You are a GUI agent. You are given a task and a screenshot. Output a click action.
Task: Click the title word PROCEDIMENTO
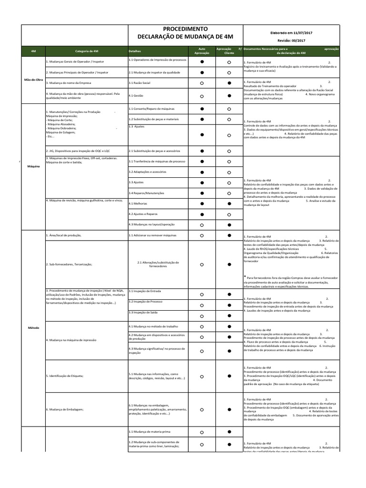(x=185, y=29)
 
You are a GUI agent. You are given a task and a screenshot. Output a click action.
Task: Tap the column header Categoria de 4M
(x=87, y=51)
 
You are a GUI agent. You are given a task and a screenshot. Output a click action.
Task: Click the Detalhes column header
(x=135, y=51)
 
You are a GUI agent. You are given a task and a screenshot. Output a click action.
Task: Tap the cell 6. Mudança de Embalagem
(x=65, y=409)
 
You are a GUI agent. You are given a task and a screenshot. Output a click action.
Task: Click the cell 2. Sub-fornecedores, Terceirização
(x=70, y=264)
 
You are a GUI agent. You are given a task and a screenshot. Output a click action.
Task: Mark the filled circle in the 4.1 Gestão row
(x=229, y=96)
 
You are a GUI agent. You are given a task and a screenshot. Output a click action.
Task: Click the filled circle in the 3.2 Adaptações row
(x=202, y=172)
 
